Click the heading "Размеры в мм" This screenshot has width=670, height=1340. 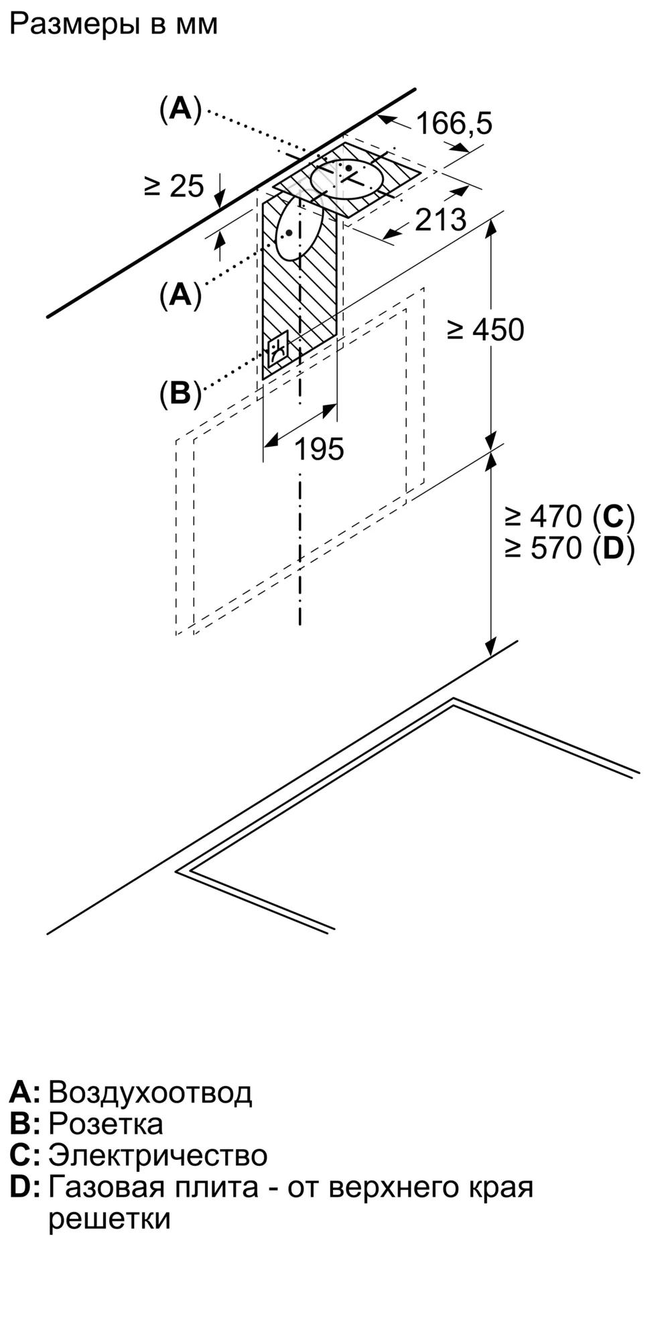coord(114,25)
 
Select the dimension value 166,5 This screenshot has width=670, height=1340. coord(454,123)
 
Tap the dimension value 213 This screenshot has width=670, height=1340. coord(440,220)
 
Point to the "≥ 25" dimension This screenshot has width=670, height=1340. coord(174,186)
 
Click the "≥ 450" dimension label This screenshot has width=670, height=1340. coord(486,330)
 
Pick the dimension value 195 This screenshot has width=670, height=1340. coord(320,449)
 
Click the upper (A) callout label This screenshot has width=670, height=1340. coord(180,109)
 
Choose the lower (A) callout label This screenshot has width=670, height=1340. coord(180,295)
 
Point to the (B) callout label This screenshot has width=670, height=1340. coord(180,394)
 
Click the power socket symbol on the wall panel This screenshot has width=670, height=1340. coord(278,349)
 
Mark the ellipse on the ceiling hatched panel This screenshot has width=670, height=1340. coord(348,180)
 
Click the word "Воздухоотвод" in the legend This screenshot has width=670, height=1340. coord(150,1093)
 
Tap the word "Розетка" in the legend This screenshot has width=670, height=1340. coord(106,1124)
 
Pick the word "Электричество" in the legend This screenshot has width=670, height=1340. coord(158,1156)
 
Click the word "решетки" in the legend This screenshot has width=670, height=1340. coord(110,1219)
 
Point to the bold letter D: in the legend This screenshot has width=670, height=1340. coord(25,1188)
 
